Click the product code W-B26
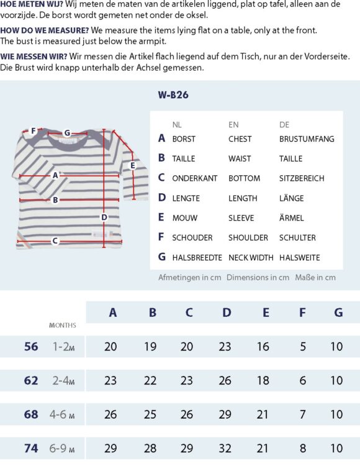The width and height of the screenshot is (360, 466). [173, 95]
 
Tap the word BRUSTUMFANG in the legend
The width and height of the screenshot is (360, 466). [306, 139]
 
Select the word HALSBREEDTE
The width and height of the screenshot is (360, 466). [197, 257]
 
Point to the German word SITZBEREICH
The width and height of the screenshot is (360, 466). [302, 178]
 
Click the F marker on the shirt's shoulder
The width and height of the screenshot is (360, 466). [33, 131]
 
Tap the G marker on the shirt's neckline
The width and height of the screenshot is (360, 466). [67, 132]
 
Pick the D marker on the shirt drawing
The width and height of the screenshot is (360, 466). [104, 217]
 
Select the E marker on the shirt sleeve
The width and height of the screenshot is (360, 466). [132, 165]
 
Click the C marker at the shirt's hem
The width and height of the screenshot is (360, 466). [55, 240]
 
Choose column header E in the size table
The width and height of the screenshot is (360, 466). [266, 313]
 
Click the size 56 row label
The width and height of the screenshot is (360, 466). [31, 347]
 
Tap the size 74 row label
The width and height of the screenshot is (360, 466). [31, 448]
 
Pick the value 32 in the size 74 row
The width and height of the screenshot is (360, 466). [227, 448]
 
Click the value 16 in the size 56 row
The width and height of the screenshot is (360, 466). [263, 347]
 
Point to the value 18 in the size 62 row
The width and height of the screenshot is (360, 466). [263, 380]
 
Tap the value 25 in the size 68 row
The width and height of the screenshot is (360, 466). [150, 414]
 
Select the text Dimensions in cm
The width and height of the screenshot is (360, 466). [258, 278]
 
